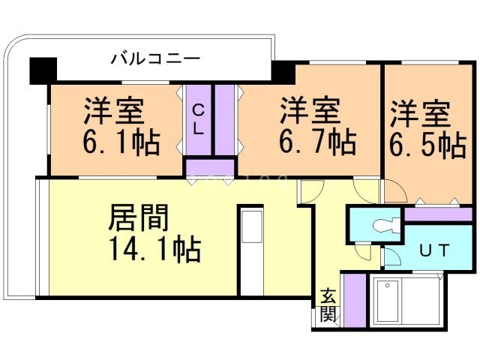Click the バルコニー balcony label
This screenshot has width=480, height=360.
pyautogui.click(x=155, y=58)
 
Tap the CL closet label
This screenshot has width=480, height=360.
pyautogui.click(x=198, y=119)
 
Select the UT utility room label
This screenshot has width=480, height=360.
pyautogui.click(x=433, y=250)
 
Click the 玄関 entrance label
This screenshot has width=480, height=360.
pyautogui.click(x=328, y=305)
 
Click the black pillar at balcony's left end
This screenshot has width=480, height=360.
pyautogui.click(x=43, y=70)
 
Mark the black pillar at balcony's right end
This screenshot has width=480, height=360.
pyautogui.click(x=283, y=73)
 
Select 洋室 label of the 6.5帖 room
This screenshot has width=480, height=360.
pyautogui.click(x=420, y=114)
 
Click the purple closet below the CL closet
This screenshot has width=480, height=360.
pyautogui.click(x=210, y=167)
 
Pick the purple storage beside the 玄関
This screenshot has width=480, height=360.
pyautogui.click(x=355, y=301)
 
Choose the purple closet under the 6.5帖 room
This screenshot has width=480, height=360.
pyautogui.click(x=438, y=214)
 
